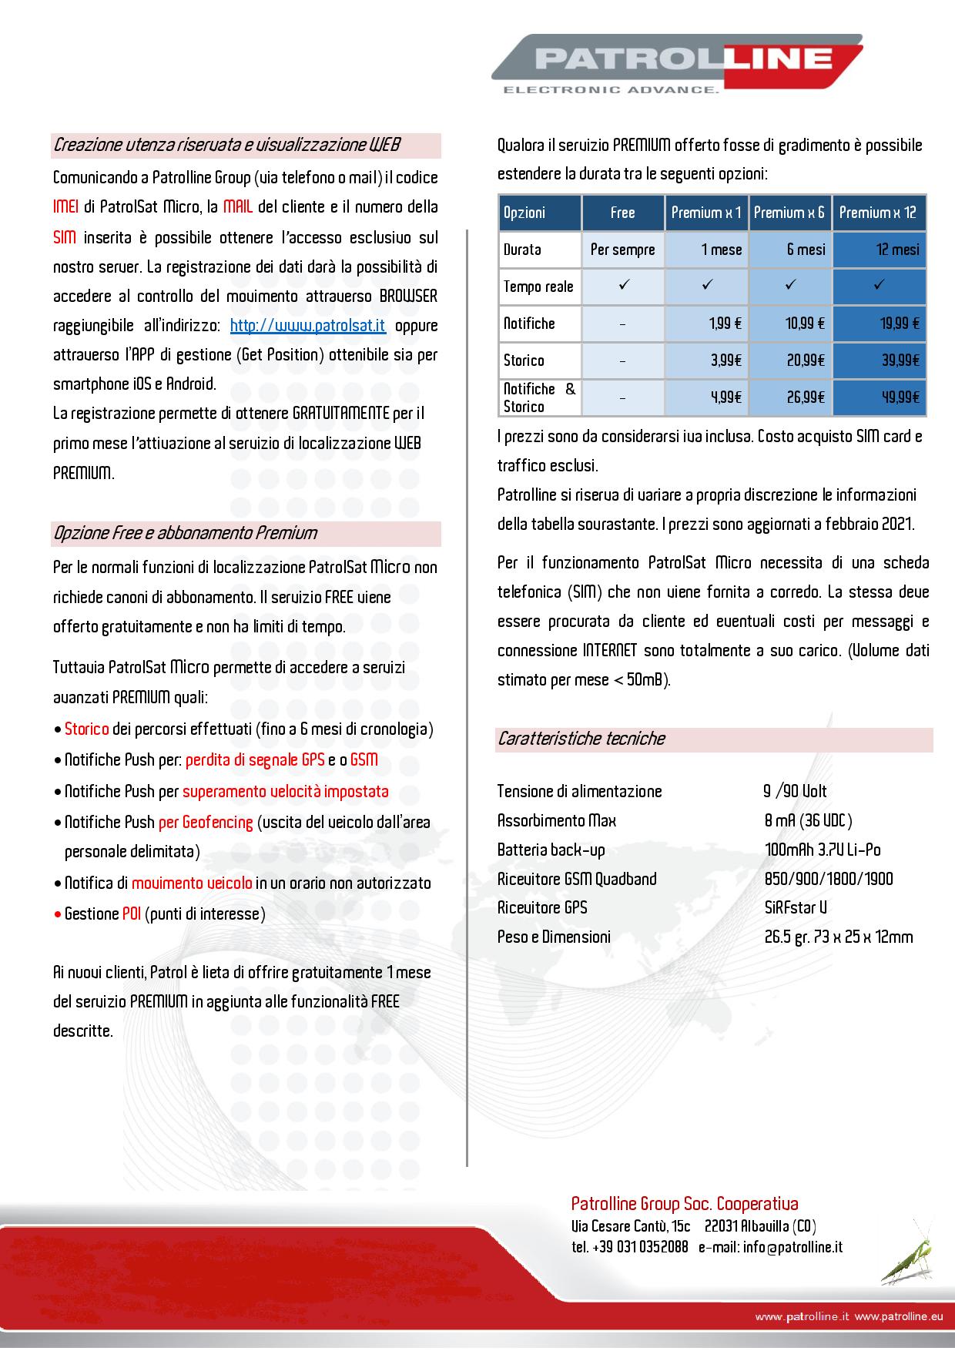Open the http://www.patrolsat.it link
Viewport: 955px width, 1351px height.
point(307,325)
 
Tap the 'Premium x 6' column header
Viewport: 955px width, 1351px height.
point(789,213)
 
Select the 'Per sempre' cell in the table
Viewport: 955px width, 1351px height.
point(622,250)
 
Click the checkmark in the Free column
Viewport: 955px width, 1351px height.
point(622,286)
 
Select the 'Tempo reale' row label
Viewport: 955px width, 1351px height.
point(538,287)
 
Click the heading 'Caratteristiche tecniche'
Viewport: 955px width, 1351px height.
point(581,739)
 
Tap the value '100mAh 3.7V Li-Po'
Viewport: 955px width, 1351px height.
point(823,850)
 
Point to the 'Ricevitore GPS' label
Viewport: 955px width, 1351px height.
point(542,908)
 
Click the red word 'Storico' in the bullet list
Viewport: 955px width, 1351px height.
point(86,729)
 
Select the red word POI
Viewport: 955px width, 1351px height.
point(132,914)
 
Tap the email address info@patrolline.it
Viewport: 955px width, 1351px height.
point(792,1247)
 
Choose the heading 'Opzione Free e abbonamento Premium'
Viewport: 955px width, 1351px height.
point(185,533)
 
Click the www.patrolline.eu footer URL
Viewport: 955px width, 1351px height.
point(898,1317)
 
